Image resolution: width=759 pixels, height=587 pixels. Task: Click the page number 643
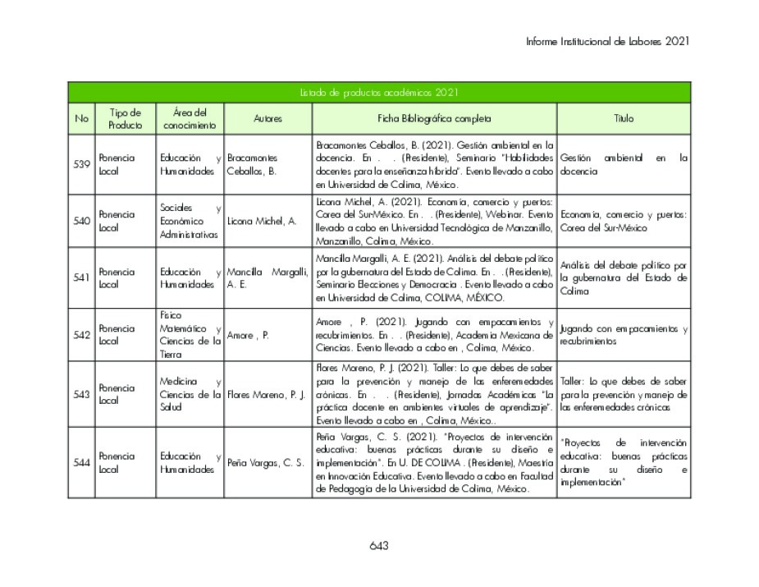(x=378, y=546)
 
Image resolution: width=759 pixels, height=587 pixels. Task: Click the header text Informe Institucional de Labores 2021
(x=607, y=40)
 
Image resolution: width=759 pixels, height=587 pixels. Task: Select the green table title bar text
(x=378, y=93)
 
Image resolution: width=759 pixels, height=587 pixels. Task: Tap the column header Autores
(x=267, y=118)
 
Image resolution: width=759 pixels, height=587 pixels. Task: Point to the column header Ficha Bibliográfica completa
(x=434, y=118)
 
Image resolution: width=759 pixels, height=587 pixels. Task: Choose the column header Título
(x=624, y=118)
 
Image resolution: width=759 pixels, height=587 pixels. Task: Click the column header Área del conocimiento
(x=190, y=118)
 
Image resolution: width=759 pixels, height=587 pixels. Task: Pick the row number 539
(x=81, y=164)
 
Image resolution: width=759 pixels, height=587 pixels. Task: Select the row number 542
(x=81, y=335)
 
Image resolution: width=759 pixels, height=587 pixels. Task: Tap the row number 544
(x=81, y=462)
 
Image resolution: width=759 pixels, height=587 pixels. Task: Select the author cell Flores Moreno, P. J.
(x=267, y=394)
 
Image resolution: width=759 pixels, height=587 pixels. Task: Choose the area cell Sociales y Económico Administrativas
(x=190, y=221)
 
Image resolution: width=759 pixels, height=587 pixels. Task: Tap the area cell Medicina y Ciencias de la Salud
(x=190, y=394)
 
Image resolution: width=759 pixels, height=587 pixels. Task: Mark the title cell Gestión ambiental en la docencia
(x=624, y=164)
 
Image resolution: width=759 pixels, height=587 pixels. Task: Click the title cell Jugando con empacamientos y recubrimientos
(x=624, y=335)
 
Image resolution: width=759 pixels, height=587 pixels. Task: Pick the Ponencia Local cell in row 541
(x=117, y=277)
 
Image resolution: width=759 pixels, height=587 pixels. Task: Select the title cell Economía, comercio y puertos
(x=624, y=221)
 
